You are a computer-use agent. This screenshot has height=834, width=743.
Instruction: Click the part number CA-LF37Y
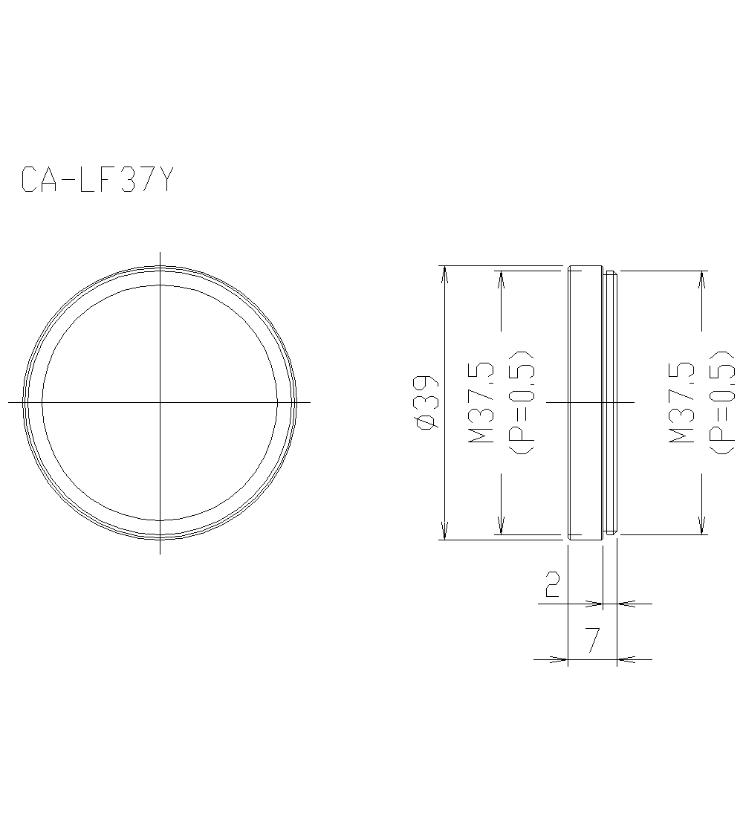point(97,180)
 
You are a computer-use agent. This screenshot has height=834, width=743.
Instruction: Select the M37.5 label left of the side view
point(481,402)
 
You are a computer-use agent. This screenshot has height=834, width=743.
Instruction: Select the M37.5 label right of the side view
point(681,402)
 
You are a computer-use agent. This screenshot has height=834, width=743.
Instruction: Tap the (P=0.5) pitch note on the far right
point(720,402)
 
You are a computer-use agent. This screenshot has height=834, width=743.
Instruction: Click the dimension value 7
point(592,641)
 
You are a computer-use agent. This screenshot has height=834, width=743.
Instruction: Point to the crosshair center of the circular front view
point(160,402)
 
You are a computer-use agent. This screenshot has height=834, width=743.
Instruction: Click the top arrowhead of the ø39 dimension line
point(444,273)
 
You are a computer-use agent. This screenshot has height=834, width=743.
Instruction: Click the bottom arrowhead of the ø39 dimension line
point(444,531)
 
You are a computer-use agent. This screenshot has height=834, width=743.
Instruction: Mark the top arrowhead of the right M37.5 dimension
point(701,278)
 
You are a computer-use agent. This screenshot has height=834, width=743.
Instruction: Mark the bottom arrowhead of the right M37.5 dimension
point(701,527)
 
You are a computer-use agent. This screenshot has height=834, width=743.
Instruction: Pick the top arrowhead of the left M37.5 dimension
point(501,278)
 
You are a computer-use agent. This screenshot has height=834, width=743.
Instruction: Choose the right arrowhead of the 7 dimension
point(625,659)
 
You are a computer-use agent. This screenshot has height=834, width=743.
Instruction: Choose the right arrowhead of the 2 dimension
point(625,604)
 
